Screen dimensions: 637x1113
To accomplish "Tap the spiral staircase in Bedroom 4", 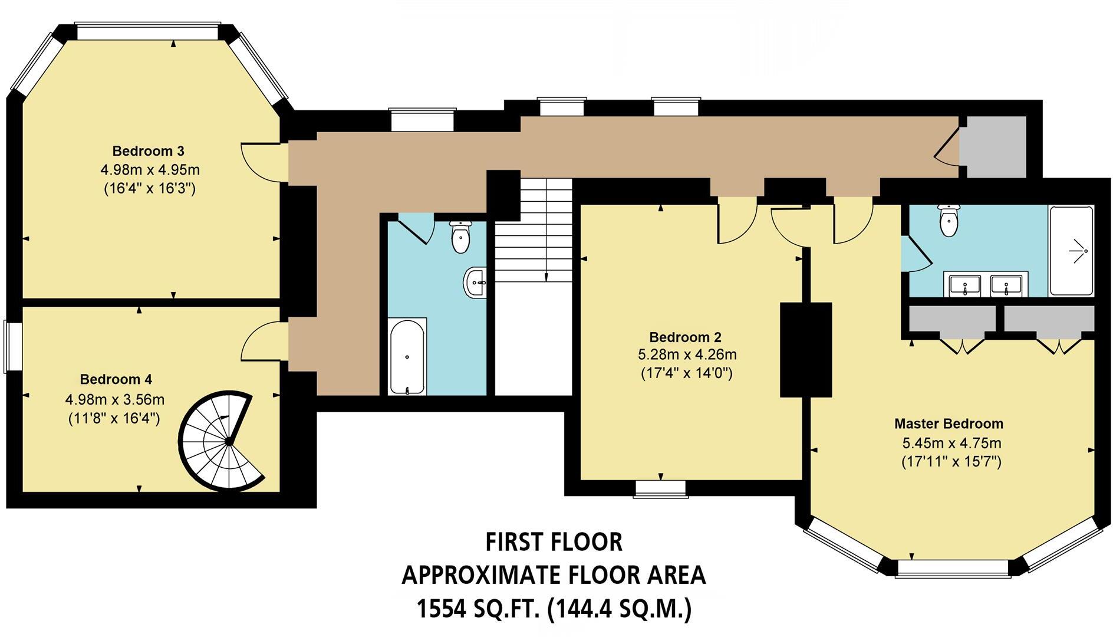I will click(x=221, y=440).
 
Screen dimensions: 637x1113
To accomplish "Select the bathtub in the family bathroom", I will click(x=407, y=356).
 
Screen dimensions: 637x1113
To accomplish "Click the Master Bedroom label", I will click(x=949, y=423).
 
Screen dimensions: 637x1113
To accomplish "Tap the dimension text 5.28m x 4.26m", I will click(x=687, y=355).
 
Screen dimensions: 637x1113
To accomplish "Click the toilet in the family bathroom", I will click(x=460, y=237).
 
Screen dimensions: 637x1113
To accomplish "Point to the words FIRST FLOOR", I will click(x=554, y=542).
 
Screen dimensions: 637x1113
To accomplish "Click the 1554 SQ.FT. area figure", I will click(x=478, y=609).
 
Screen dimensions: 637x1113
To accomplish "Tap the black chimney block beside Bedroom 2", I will click(x=805, y=349).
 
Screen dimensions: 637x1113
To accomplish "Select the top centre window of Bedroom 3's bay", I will click(x=147, y=31).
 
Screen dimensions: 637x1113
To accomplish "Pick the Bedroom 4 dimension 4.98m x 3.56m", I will click(x=115, y=400).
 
